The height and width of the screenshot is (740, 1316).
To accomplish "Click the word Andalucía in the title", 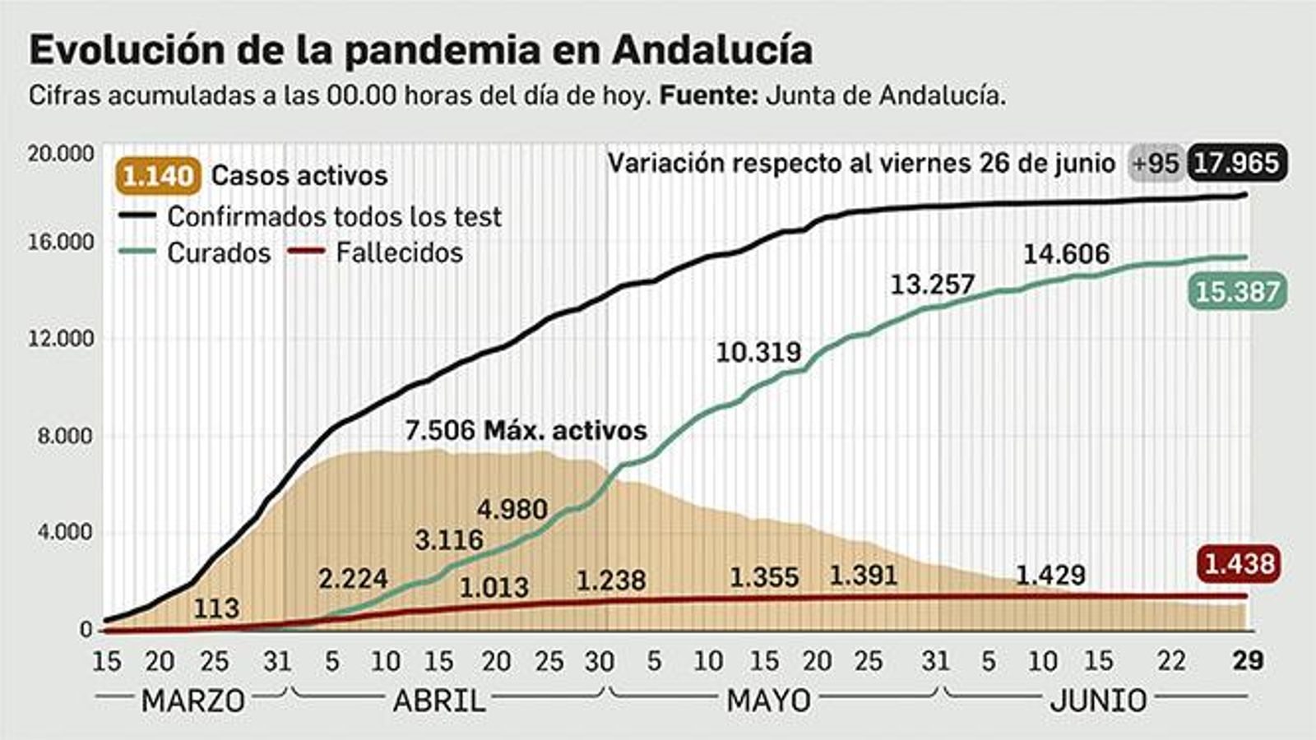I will coord(712,49).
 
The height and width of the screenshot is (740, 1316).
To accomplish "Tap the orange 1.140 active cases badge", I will coord(160,176).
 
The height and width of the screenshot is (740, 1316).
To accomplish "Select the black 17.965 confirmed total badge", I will coord(1236,163).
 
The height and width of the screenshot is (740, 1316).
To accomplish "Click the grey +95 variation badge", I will coord(1156,163).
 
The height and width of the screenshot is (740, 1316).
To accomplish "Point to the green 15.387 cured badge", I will coord(1236,292).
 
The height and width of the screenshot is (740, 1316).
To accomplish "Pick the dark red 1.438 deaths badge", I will coord(1240,564).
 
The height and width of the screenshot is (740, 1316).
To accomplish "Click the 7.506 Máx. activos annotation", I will coord(526,430).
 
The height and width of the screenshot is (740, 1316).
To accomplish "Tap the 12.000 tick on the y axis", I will coord(60,339).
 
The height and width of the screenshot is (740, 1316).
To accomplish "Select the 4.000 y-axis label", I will coord(65,533).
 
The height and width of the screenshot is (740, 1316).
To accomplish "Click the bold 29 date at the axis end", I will coord(1248,660).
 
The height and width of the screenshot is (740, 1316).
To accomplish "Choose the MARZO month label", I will coord(192,701).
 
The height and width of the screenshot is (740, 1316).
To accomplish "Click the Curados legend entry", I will coord(218,253).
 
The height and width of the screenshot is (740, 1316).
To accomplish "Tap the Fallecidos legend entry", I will coord(399,252).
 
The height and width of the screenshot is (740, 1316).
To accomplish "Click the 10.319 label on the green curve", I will coord(758,352).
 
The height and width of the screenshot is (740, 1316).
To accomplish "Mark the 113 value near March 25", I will coord(216,608).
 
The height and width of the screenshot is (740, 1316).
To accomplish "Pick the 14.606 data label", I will coord(1066,254).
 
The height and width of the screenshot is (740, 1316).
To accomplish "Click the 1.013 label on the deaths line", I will coord(493,587).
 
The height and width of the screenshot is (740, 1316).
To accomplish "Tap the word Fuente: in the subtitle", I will coord(708,95).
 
